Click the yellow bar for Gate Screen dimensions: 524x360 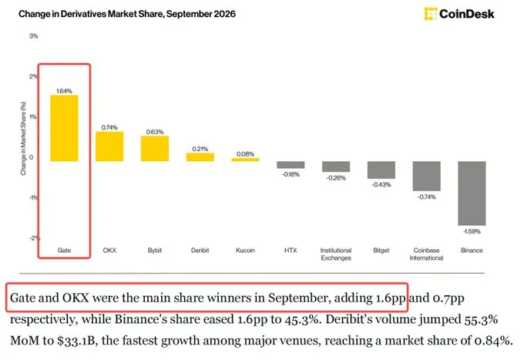[64, 129]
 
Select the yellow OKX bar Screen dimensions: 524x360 [109, 146]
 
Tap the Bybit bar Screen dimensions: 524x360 [155, 149]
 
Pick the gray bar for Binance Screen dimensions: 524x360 [472, 193]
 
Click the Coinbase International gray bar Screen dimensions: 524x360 [426, 177]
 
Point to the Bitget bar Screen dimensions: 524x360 [381, 170]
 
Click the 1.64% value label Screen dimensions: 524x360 [64, 91]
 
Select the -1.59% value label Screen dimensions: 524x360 [472, 231]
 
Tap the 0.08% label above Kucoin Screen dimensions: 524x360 [245, 154]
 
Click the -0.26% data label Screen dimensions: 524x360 [336, 178]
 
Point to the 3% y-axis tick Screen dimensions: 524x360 [33, 35]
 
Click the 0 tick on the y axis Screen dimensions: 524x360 [32, 157]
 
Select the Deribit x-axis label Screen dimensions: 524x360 [200, 251]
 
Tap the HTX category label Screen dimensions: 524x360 [291, 251]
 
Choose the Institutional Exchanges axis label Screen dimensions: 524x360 [336, 254]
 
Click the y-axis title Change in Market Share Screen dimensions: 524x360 [23, 139]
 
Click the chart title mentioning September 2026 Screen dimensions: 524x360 [127, 14]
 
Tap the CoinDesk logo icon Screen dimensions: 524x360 [431, 14]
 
